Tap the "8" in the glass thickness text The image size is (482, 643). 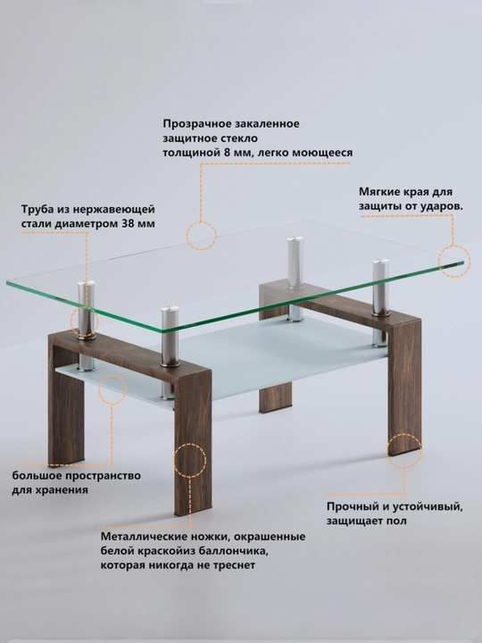pos(227,153)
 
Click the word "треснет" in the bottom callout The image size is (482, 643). pos(235,565)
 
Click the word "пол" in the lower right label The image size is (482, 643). pos(398,522)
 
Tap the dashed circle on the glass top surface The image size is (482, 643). pos(201,236)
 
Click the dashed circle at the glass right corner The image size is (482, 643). pos(454,261)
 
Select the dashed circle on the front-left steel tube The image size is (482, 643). pos(84,321)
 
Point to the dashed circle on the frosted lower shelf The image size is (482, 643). pos(112,389)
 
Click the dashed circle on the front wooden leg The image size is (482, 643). pos(190,460)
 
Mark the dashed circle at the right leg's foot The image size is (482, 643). pos(404,451)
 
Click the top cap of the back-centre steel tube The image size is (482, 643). pos(295,239)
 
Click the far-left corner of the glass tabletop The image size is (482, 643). pos(7,282)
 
